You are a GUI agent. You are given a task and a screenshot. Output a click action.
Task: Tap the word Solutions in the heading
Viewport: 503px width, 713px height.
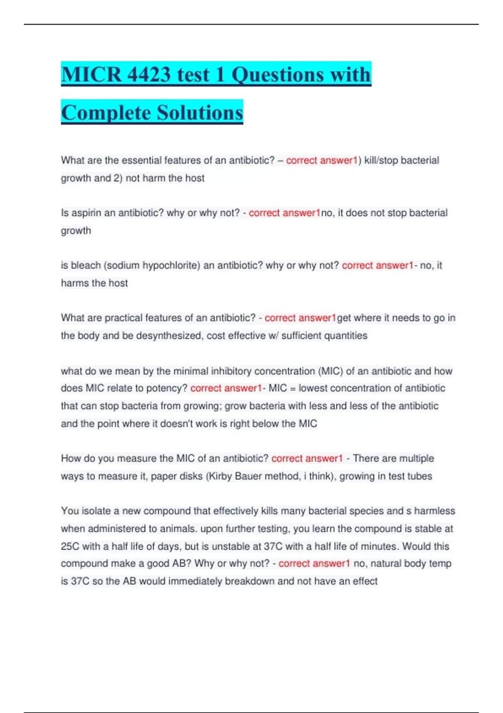200,113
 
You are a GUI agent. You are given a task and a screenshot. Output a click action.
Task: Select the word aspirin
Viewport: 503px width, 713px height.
87,213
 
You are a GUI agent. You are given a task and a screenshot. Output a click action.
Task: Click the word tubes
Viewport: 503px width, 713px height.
420,476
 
